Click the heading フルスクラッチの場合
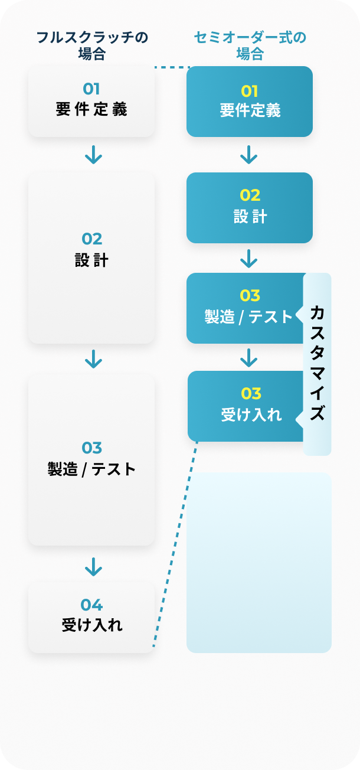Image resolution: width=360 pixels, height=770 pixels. (x=92, y=45)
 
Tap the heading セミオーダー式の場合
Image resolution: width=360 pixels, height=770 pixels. (x=250, y=45)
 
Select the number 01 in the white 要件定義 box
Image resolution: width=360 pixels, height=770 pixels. (x=91, y=89)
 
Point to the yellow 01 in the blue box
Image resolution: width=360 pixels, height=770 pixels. (x=250, y=91)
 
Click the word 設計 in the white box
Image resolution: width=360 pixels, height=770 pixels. (x=91, y=260)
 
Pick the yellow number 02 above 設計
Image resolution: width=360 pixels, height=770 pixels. (x=250, y=195)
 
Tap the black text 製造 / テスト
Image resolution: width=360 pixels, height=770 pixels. (x=91, y=469)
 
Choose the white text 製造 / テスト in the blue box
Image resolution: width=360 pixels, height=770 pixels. (x=248, y=317)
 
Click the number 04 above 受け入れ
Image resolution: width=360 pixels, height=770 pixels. (x=91, y=605)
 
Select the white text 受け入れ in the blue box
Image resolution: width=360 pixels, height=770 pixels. (x=251, y=415)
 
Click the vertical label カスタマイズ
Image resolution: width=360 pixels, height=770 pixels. (x=318, y=363)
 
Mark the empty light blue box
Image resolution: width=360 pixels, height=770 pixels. (x=259, y=562)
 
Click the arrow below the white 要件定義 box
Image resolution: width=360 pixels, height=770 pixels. (x=93, y=155)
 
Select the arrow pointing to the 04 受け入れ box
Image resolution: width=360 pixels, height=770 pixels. (x=93, y=567)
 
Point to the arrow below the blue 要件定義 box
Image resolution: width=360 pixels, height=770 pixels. (x=249, y=155)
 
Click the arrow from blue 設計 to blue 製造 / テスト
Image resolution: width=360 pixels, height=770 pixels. (x=249, y=258)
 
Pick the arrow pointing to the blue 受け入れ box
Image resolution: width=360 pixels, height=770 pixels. (x=249, y=357)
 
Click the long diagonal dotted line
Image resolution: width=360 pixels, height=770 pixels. (x=175, y=543)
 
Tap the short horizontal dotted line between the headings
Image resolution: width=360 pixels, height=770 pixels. (x=171, y=67)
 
